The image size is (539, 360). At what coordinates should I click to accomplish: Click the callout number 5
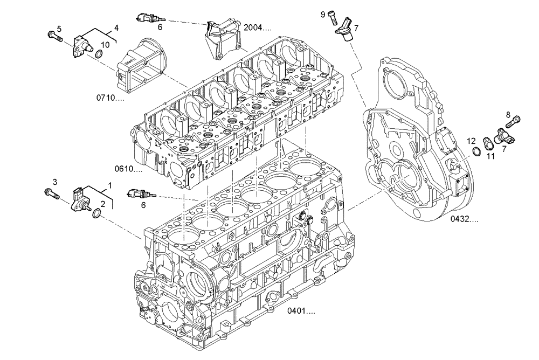click(59, 29)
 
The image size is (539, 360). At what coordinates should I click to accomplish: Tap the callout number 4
click(116, 27)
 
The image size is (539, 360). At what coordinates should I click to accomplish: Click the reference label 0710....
click(110, 98)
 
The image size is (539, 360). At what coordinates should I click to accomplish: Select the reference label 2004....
click(257, 27)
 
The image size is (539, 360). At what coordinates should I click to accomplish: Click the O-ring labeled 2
click(96, 215)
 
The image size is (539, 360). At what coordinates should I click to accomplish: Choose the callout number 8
click(508, 114)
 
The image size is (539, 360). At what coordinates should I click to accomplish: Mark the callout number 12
click(471, 142)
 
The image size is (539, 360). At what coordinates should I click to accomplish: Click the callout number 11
click(490, 156)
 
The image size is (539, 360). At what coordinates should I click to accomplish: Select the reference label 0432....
click(465, 219)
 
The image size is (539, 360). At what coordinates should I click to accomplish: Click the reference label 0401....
click(301, 311)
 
